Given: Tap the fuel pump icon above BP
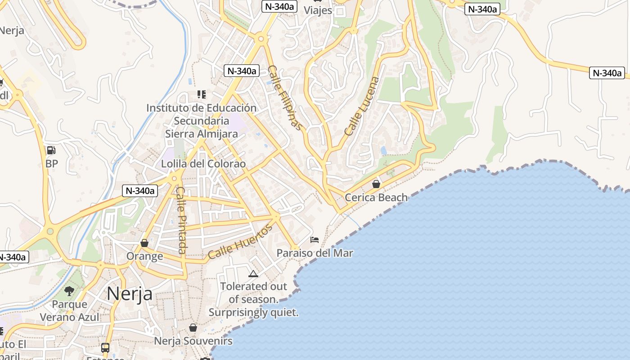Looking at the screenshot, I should click(51, 150).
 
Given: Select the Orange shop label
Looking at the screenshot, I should click(144, 256).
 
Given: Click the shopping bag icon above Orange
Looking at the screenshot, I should click(144, 243).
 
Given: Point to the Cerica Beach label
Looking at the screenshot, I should click(376, 197).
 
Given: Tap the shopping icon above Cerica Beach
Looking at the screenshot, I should click(376, 184).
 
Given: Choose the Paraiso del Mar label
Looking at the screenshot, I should click(315, 253).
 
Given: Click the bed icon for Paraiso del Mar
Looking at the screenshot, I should click(315, 239).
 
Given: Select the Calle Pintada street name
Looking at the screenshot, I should click(181, 220).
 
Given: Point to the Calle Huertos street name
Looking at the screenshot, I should click(240, 242).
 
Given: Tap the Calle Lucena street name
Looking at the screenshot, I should click(362, 106).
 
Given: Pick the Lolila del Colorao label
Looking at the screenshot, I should click(203, 164).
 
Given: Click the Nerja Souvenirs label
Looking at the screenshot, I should click(193, 341).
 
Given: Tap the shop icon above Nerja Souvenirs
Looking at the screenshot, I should click(193, 328).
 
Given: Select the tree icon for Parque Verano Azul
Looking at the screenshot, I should click(69, 291).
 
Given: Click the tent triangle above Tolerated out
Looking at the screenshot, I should click(253, 273).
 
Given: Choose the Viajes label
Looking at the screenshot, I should click(318, 10).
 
